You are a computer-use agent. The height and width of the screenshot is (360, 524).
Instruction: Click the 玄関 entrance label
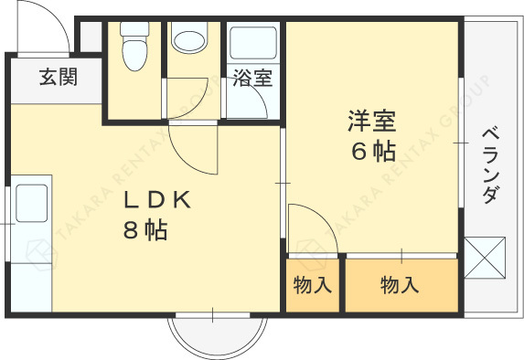[x=57, y=78]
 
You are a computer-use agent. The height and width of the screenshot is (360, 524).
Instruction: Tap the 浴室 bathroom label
[x=252, y=79]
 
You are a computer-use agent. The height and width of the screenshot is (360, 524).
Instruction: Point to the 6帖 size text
[x=372, y=151]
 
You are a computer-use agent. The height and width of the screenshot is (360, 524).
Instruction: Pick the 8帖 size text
[x=145, y=230]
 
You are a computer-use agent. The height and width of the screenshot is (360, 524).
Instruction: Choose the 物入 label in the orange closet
[x=399, y=286]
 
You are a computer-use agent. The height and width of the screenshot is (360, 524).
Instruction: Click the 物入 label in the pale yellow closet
[x=312, y=286]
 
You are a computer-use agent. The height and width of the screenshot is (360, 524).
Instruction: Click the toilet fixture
[x=134, y=46]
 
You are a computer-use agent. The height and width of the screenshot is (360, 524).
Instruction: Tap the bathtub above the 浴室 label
[x=252, y=43]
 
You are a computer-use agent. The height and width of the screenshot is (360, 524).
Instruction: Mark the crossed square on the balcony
[x=485, y=256]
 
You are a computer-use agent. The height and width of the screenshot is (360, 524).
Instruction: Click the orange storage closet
[x=401, y=285]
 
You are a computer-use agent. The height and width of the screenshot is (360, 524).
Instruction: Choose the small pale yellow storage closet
[x=312, y=285]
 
